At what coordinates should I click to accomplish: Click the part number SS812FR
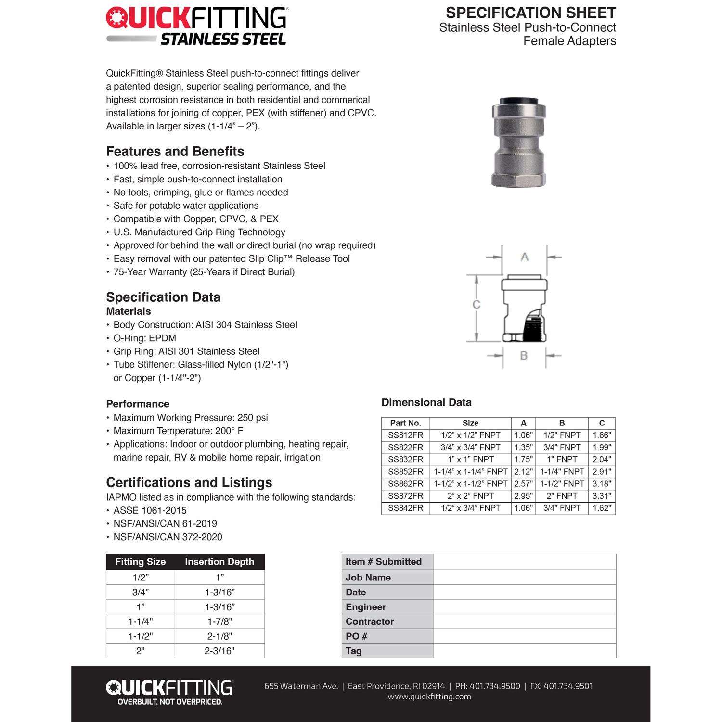click(x=405, y=435)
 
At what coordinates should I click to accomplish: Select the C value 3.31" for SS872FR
click(x=602, y=496)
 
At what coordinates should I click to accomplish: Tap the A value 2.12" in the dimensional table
click(x=523, y=472)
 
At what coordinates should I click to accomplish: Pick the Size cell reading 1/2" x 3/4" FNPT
click(x=470, y=508)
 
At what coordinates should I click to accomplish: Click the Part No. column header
click(x=405, y=423)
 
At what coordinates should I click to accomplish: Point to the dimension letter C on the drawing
click(x=476, y=305)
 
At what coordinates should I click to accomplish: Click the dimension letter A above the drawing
click(x=525, y=257)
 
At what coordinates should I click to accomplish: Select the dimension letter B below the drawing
click(x=524, y=355)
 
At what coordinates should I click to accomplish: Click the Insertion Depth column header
click(x=219, y=562)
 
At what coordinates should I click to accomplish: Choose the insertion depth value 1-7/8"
click(x=219, y=621)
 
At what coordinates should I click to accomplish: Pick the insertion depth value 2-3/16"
click(x=219, y=651)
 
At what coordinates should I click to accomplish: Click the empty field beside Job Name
click(x=525, y=577)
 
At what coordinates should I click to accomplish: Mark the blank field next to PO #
click(x=525, y=636)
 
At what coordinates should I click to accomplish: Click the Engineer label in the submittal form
click(x=366, y=607)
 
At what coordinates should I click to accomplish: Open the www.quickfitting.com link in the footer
click(x=429, y=696)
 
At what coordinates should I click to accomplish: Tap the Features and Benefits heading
click(x=175, y=151)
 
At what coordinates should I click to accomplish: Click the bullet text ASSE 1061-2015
click(x=150, y=510)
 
